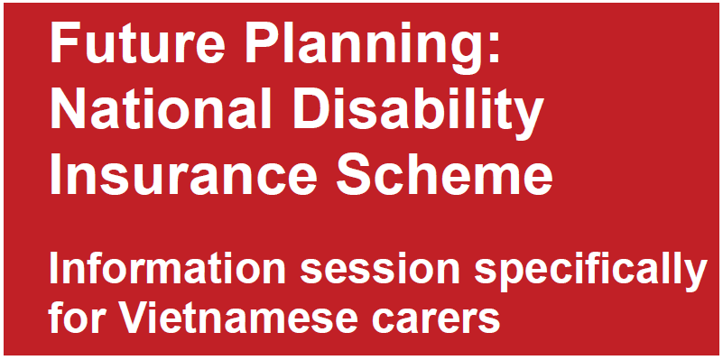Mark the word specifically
coord(590,272)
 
